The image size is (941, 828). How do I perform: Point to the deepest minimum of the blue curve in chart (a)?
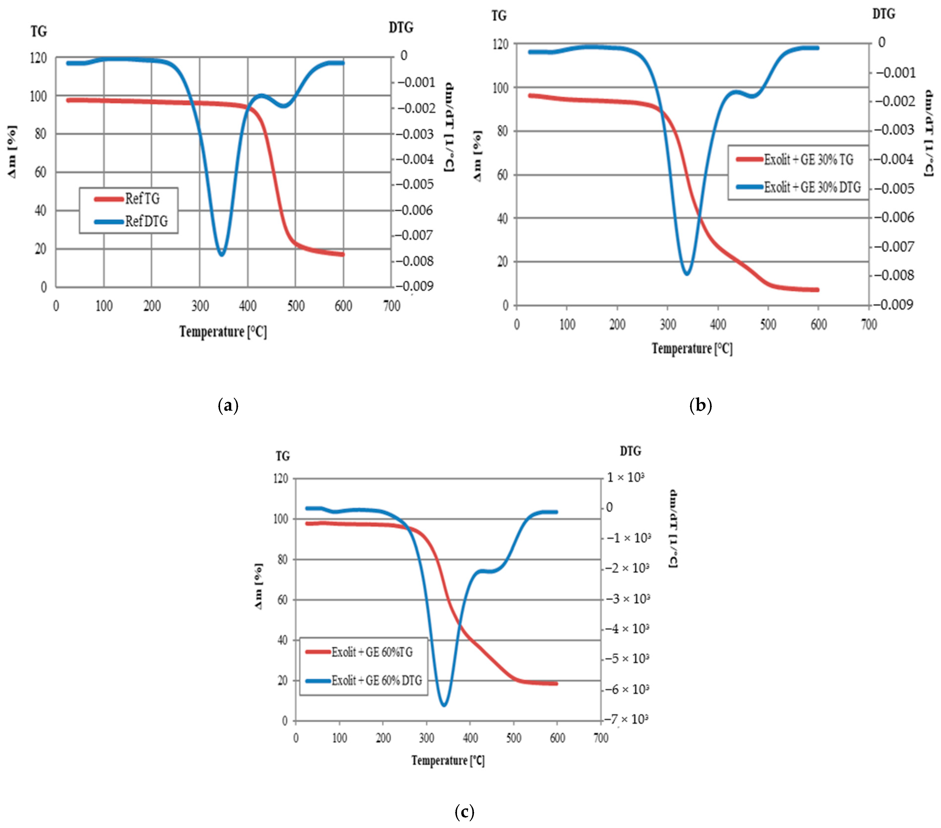click(222, 254)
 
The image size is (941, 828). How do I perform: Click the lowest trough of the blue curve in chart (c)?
click(444, 705)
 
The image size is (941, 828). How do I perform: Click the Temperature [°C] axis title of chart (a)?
click(223, 331)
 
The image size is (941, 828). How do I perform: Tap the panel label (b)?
click(701, 405)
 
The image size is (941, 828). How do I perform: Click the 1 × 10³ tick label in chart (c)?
click(624, 477)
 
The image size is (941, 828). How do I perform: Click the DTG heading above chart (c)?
click(630, 451)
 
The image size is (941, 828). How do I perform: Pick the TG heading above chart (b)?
click(499, 16)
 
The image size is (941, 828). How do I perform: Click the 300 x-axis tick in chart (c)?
click(426, 738)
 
